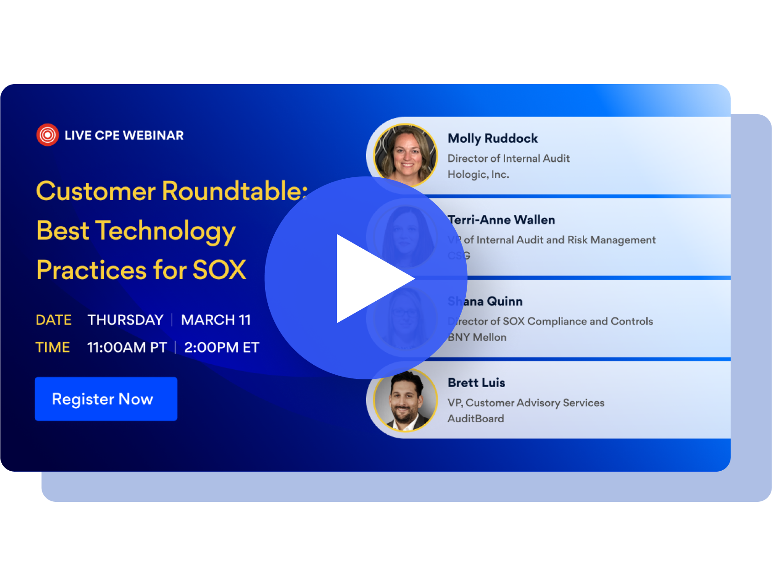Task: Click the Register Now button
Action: [106, 399]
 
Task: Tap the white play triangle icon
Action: [370, 278]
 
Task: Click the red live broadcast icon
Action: [48, 135]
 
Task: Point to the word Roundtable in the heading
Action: [234, 191]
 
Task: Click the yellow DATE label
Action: [53, 320]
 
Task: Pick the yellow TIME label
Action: [53, 347]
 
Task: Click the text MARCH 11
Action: [216, 320]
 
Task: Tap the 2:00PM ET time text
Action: [221, 347]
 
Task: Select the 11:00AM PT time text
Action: [127, 347]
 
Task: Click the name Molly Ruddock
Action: [492, 138]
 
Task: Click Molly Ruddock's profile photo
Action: [405, 155]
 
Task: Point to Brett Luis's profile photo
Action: [405, 400]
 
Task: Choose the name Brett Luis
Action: [476, 383]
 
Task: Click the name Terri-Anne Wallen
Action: [501, 220]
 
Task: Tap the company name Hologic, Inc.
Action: [478, 174]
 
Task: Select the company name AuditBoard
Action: [475, 419]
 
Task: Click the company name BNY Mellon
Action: [477, 337]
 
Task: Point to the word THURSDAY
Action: [125, 320]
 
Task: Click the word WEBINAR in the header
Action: [153, 135]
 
